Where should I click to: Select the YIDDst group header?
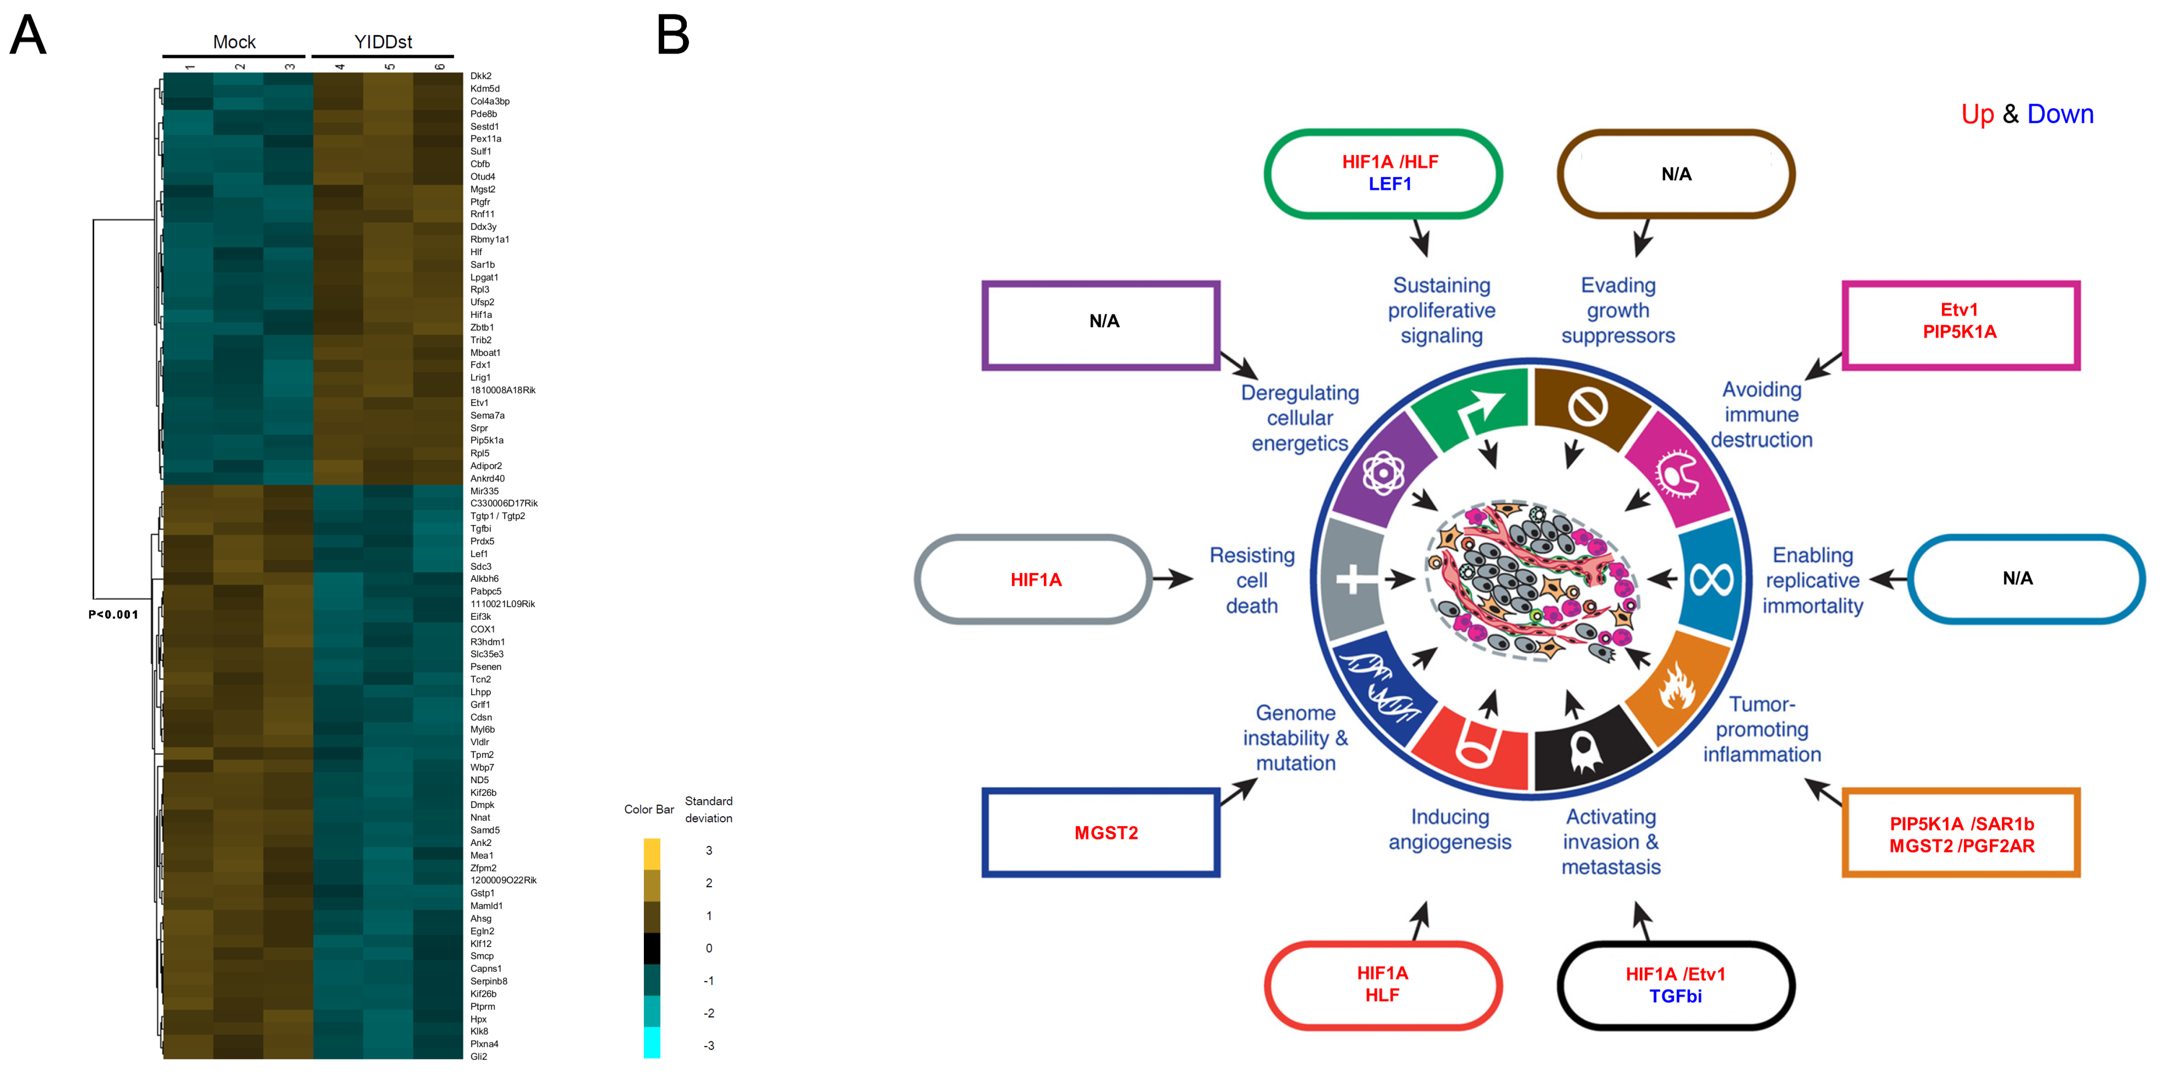383,42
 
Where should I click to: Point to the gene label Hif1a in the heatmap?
481,315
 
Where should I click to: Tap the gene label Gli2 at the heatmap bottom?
479,1056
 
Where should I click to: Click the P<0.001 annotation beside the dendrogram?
113,615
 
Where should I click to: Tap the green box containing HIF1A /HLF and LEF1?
1383,174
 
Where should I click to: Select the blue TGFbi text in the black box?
1675,997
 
